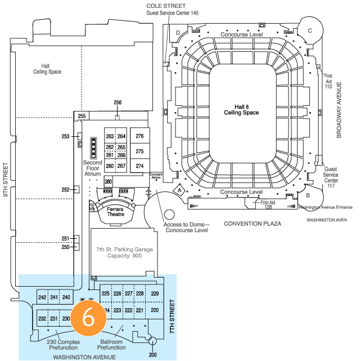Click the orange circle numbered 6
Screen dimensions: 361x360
pos(88,317)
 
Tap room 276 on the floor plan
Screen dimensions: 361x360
pos(139,136)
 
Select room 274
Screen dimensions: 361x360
pos(139,166)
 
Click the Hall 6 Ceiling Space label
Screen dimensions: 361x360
pos(246,109)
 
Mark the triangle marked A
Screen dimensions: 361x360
pos(179,190)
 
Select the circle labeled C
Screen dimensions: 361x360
pos(309,30)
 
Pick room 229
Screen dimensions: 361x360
pos(155,293)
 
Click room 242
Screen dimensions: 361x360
pos(42,297)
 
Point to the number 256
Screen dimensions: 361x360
pos(118,102)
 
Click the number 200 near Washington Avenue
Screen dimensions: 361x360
pos(152,355)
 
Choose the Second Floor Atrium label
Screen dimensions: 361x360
pos(92,168)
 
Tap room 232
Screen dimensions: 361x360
pos(42,319)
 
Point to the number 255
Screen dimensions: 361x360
pos(82,116)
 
